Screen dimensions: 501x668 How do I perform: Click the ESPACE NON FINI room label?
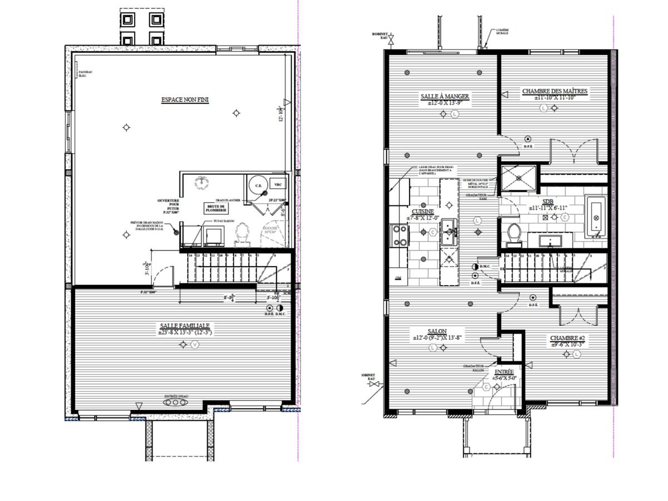click(x=181, y=100)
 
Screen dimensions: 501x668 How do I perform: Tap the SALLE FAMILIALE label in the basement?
click(x=185, y=326)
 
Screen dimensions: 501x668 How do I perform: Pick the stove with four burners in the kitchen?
click(x=399, y=235)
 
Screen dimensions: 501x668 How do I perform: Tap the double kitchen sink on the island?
click(x=449, y=233)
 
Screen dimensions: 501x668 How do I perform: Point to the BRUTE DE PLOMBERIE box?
click(x=215, y=208)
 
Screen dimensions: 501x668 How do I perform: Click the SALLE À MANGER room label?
click(x=445, y=96)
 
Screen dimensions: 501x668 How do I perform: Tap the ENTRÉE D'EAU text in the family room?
click(x=176, y=396)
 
